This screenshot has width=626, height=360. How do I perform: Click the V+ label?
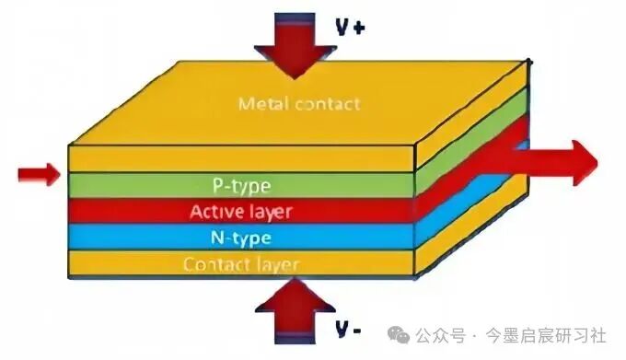click(x=350, y=28)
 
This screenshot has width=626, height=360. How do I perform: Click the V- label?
click(x=348, y=330)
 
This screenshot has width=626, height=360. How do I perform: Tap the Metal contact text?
click(x=299, y=104)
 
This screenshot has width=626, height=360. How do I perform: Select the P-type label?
click(x=241, y=186)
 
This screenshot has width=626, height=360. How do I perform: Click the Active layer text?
click(x=241, y=212)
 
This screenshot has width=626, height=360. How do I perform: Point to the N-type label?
click(x=241, y=238)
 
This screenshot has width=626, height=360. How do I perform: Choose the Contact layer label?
click(x=241, y=264)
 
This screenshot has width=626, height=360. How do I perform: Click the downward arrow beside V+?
click(x=295, y=46)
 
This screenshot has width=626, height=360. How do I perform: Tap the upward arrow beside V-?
click(x=295, y=311)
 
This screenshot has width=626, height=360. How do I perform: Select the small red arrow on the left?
click(x=39, y=174)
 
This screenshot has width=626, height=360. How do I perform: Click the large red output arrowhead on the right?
click(x=585, y=163)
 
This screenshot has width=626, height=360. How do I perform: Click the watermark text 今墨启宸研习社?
click(x=546, y=335)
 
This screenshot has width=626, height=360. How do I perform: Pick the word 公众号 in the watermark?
click(x=440, y=335)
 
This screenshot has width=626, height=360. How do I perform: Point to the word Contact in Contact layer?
click(x=214, y=264)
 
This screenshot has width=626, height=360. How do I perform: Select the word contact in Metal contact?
click(x=328, y=105)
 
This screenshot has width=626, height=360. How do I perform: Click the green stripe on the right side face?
click(x=472, y=141)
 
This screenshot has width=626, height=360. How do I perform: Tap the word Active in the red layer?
click(x=215, y=211)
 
